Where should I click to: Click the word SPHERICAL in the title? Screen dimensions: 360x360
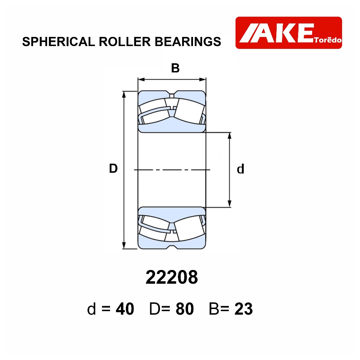click(59, 41)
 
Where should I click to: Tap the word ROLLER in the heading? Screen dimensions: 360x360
click(125, 41)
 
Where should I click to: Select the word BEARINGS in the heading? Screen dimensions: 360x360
click(188, 41)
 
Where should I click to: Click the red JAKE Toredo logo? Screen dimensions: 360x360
click(289, 33)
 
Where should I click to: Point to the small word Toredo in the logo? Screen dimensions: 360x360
click(328, 40)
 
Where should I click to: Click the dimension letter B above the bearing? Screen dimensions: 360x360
click(175, 68)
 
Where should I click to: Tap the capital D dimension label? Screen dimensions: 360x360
click(113, 168)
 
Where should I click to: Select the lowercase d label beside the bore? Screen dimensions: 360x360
click(240, 169)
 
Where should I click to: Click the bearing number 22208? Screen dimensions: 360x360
click(172, 277)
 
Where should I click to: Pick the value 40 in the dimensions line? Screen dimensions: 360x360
click(125, 309)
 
